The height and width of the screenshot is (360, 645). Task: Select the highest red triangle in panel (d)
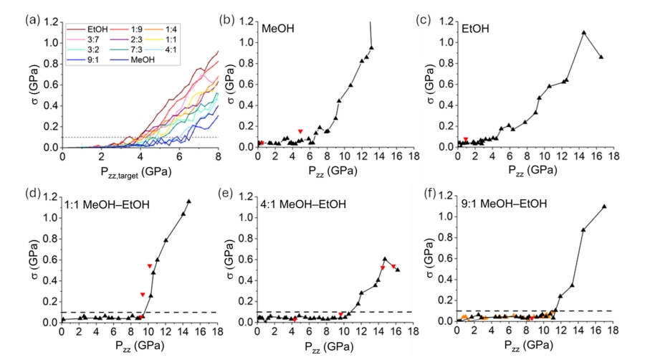pyautogui.click(x=149, y=266)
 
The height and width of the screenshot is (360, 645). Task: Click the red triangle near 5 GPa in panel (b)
pyautogui.click(x=300, y=131)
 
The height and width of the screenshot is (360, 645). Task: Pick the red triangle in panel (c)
pyautogui.click(x=466, y=139)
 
